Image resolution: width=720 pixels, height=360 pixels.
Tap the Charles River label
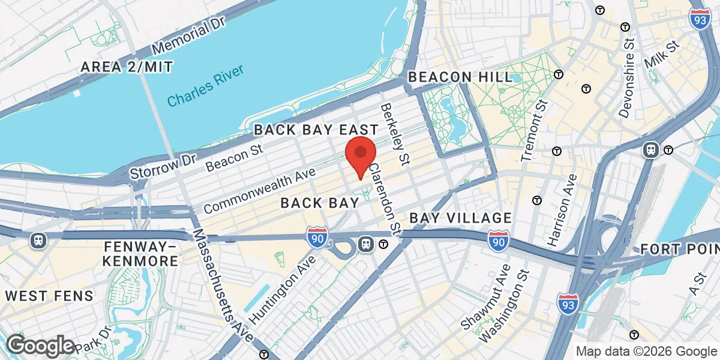(206, 87)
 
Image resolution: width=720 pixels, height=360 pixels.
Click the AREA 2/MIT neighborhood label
(127, 66)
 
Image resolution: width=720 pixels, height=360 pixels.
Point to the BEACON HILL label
(461, 77)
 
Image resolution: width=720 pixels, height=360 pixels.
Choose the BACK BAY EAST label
(316, 130)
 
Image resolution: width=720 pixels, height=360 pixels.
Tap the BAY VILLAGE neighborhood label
(461, 218)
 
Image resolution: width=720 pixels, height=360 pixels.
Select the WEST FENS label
(50, 296)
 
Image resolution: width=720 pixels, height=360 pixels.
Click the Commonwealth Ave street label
(259, 191)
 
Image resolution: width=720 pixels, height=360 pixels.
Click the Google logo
(40, 346)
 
